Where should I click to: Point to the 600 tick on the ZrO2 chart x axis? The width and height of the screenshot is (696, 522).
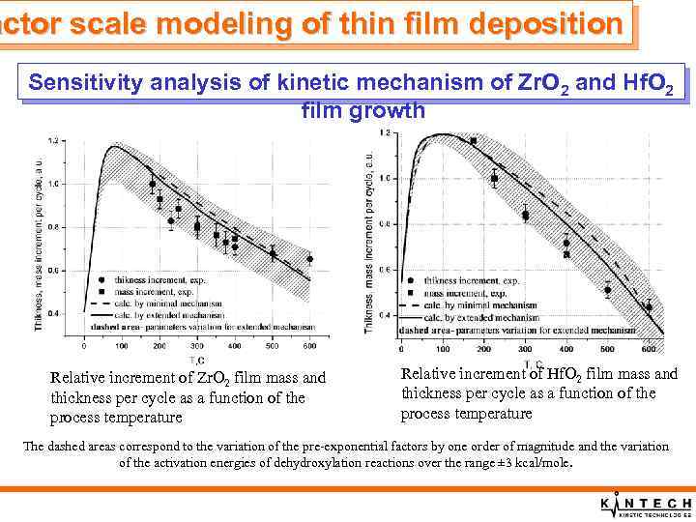point(309,346)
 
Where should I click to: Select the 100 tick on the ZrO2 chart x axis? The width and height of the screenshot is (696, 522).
point(121,346)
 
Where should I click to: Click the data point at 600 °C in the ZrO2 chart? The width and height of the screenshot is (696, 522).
point(309,259)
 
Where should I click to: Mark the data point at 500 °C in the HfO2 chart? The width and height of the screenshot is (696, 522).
point(607,290)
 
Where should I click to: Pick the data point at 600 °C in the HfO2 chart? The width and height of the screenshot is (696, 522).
point(649,307)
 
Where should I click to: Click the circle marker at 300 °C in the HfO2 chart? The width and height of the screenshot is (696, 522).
point(526,215)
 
